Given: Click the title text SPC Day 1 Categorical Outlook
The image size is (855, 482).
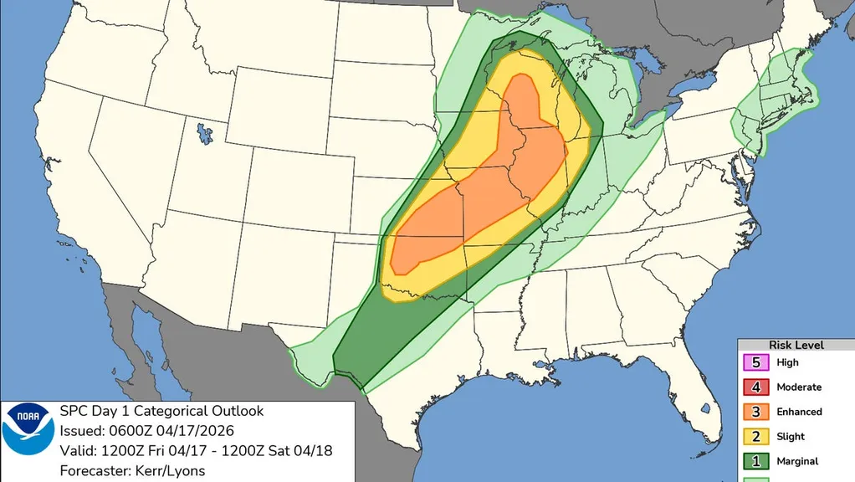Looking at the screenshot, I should [x=161, y=411].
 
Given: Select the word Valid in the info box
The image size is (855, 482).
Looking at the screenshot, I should [x=76, y=451].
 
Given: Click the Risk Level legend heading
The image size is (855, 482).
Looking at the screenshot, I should [x=796, y=345].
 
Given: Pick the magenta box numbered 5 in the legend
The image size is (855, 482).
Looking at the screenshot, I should [x=756, y=363].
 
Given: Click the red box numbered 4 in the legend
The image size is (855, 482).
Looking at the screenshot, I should [x=756, y=387].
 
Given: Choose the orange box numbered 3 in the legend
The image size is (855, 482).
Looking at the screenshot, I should [x=756, y=412].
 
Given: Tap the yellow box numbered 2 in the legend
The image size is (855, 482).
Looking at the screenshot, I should [x=756, y=436].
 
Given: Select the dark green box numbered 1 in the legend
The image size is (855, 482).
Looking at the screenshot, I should [x=756, y=461].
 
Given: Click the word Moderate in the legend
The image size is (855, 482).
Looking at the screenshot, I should [x=799, y=387].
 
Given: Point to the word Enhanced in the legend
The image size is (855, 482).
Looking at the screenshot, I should [x=799, y=412].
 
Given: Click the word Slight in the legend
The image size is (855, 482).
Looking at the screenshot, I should [x=791, y=436].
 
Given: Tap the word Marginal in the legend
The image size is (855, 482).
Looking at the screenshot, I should [x=797, y=461].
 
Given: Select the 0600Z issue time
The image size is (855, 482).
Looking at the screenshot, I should [x=135, y=431].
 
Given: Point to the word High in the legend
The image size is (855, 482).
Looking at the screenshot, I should [x=787, y=363].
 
